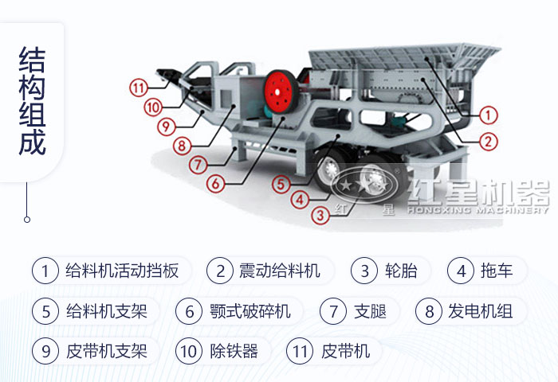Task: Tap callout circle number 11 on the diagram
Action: tap(139, 88)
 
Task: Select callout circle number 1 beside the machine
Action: tap(489, 115)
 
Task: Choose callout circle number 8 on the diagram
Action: tap(183, 146)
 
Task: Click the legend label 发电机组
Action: tap(480, 310)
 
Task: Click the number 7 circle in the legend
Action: tap(333, 310)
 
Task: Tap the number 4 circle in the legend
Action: tap(461, 271)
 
